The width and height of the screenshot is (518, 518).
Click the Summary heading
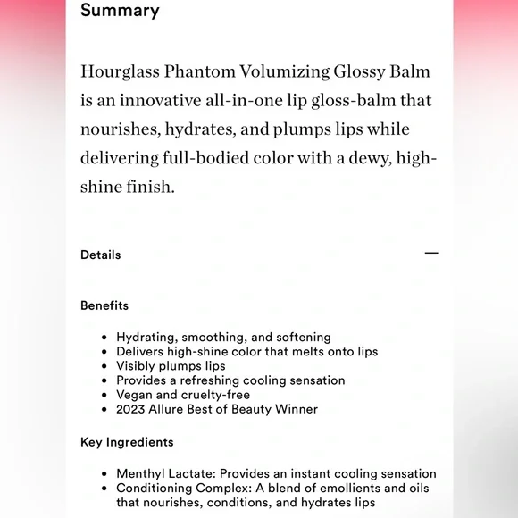point(120,11)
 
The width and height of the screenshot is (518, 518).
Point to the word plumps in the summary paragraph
point(308,129)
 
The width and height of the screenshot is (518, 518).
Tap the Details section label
point(100,255)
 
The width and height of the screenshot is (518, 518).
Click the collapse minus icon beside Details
point(431,254)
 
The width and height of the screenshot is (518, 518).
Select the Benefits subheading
point(104,305)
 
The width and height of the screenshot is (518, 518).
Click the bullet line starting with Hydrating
point(223,338)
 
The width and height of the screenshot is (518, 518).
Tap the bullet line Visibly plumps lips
point(171,366)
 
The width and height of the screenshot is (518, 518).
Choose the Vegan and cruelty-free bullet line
point(183,395)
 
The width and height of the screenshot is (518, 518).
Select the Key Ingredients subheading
point(127,442)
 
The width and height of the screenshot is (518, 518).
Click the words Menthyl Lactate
point(166,473)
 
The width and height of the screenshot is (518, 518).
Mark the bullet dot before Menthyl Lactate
point(104,473)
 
